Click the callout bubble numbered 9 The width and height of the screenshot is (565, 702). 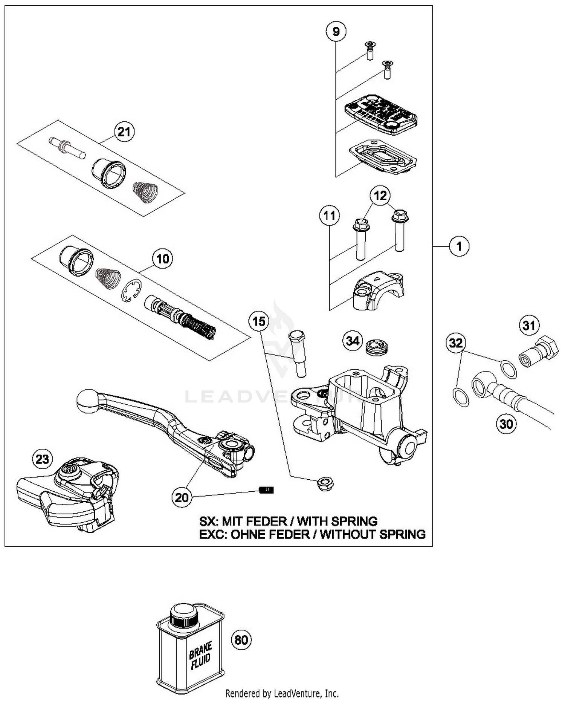tap(336, 31)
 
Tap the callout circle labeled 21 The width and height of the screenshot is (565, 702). tap(124, 132)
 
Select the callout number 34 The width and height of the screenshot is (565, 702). tap(353, 341)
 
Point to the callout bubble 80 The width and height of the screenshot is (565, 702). tap(241, 640)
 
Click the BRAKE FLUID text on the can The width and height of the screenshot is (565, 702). tap(200, 656)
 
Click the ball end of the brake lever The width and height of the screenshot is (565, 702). tap(87, 401)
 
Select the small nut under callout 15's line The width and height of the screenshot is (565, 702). tap(325, 483)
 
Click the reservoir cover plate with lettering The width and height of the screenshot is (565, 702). tap(381, 114)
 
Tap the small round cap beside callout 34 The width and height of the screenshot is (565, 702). tap(377, 347)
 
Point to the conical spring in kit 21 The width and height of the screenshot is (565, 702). tap(145, 192)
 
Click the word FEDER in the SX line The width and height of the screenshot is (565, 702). tap(269, 522)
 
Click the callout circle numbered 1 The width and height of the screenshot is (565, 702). tap(459, 246)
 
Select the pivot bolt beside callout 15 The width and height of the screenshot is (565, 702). tap(298, 353)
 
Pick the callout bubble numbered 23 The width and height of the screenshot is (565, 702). tap(42, 459)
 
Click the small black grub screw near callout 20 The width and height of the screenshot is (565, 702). tap(266, 490)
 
